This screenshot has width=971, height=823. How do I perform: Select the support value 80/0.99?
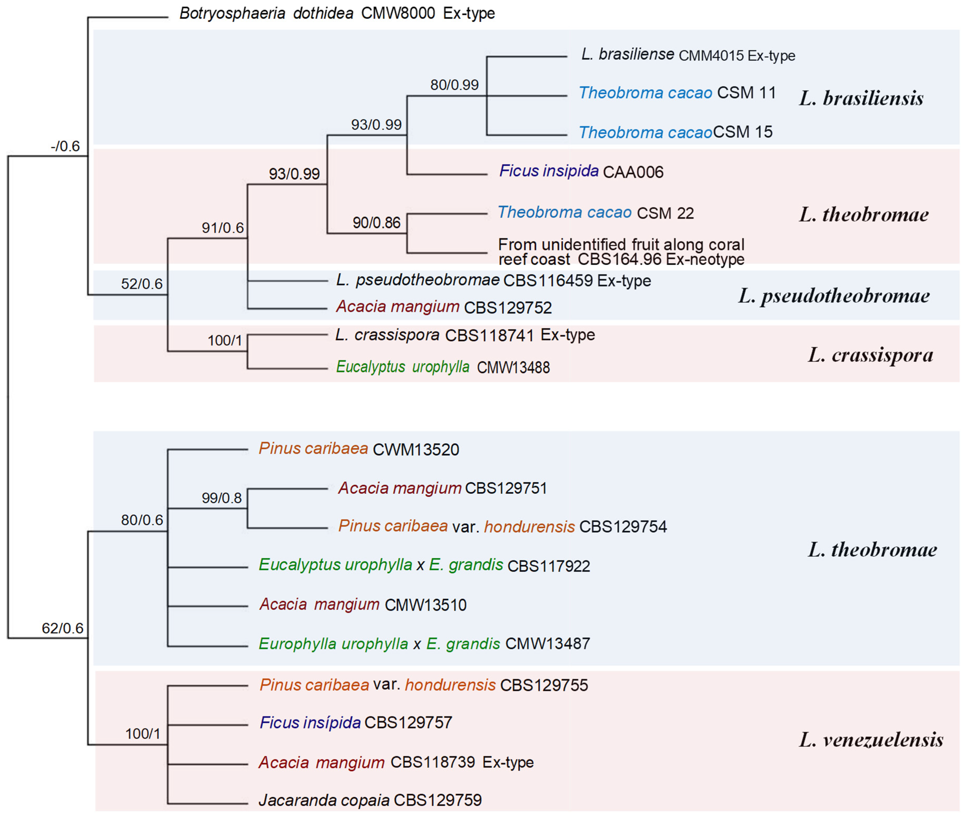[454, 85]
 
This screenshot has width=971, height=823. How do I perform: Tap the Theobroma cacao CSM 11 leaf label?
[677, 93]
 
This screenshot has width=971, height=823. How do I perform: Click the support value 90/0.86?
[376, 223]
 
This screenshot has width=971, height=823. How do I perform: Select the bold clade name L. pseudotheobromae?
[834, 296]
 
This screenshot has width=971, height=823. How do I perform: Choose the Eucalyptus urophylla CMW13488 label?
[443, 367]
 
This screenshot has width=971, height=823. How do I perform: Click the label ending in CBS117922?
[424, 566]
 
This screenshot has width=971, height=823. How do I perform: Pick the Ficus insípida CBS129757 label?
[356, 723]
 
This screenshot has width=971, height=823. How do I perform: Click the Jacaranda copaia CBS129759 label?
[370, 800]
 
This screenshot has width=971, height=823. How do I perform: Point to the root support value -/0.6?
[65, 146]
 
